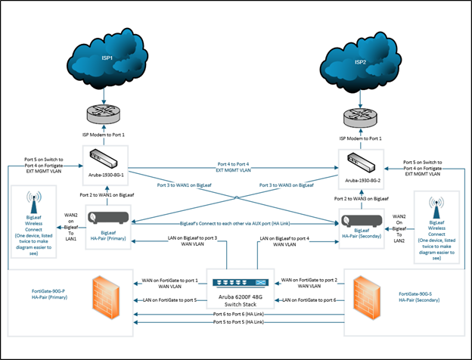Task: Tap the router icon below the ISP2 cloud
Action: (x=362, y=116)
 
